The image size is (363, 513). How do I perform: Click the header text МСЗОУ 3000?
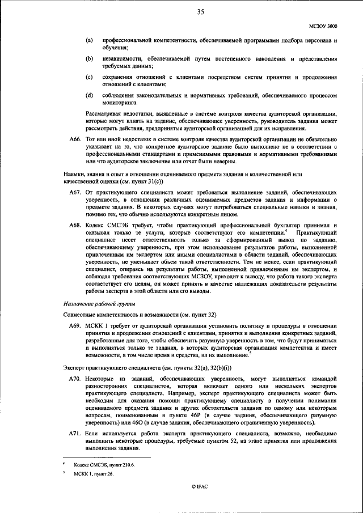(323, 26)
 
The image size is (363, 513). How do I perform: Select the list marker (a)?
(89, 41)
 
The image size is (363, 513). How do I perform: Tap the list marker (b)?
(89, 59)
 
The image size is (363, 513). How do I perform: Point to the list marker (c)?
(89, 77)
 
